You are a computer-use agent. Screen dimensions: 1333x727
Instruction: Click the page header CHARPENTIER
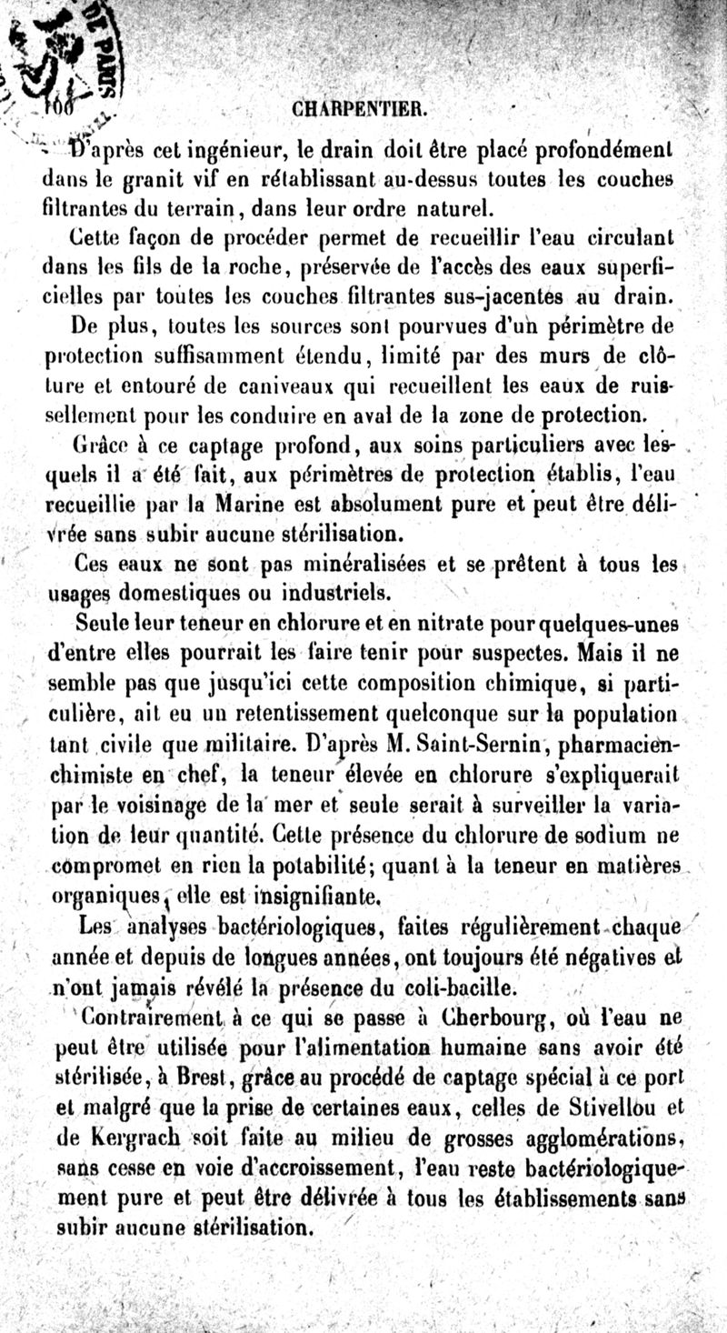[361, 110]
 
